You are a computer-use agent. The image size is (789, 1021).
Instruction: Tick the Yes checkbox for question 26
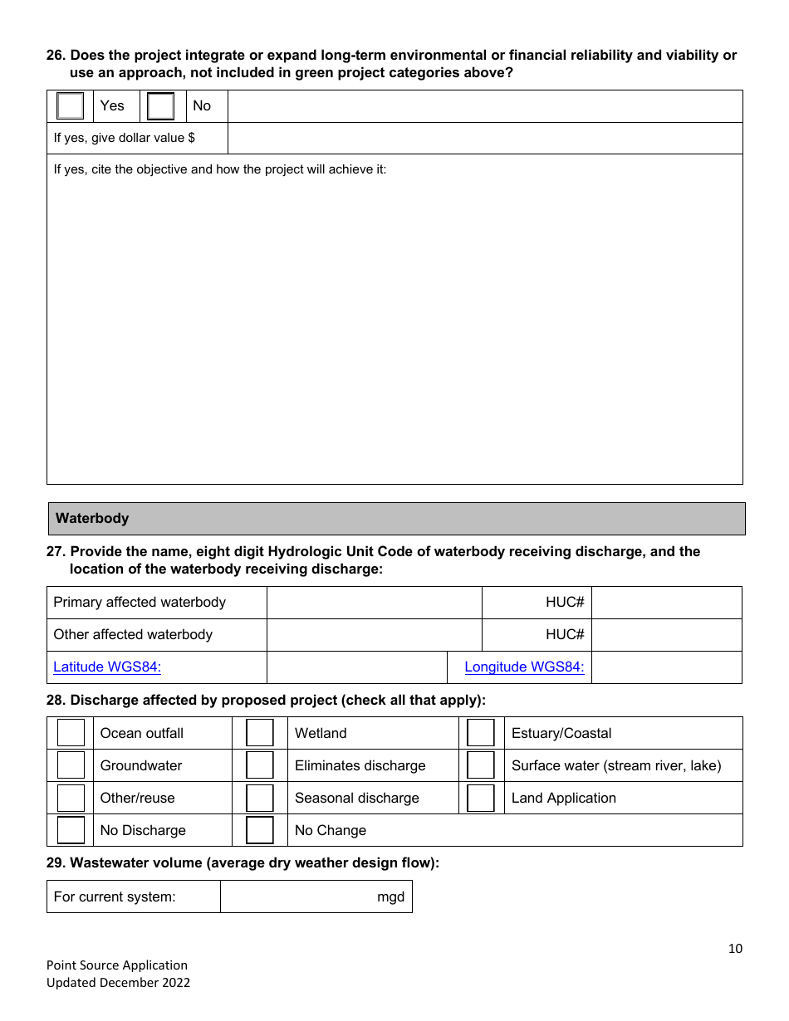click(x=71, y=106)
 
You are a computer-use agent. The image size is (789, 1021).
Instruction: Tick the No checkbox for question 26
click(x=160, y=106)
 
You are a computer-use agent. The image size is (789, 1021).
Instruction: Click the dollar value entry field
click(x=484, y=138)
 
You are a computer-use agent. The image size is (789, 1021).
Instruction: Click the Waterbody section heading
click(x=92, y=518)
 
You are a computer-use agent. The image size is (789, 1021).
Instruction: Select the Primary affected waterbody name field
click(x=374, y=603)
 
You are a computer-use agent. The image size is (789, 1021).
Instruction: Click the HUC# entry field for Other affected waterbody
click(x=666, y=635)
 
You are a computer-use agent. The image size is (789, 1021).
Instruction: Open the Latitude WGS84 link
click(x=107, y=667)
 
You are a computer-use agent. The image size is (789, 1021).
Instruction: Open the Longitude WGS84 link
click(x=524, y=667)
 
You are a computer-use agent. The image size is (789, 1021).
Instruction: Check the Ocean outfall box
click(x=71, y=733)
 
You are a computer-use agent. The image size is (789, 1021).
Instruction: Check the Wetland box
click(x=260, y=733)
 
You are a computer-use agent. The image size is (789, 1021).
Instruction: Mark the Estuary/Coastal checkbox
click(x=481, y=733)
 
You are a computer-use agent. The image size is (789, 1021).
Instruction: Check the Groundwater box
click(x=71, y=765)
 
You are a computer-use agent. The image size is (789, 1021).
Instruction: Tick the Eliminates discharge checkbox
click(x=260, y=765)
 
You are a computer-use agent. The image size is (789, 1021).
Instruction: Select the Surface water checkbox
click(x=481, y=765)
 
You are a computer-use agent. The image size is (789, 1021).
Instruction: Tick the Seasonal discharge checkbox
click(x=260, y=798)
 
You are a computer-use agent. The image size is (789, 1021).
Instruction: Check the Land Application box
click(x=481, y=798)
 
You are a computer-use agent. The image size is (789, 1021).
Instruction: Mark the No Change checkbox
click(x=260, y=830)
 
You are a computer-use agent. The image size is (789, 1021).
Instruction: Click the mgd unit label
click(x=390, y=896)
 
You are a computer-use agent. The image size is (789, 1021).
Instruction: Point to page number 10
click(x=735, y=949)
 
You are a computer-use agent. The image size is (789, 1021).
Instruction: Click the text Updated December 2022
click(x=118, y=983)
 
